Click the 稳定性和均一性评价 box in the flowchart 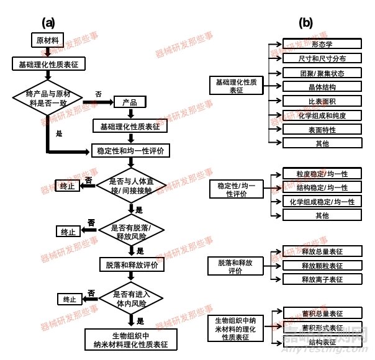[x=130, y=150]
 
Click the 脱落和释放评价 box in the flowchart [x=130, y=264]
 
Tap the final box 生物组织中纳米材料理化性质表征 [x=130, y=340]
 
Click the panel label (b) [x=305, y=22]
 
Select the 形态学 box [x=322, y=45]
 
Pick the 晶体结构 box [x=322, y=87]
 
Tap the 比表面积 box [x=322, y=101]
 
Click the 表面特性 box [x=322, y=129]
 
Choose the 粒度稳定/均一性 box [x=322, y=173]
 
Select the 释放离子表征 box [x=322, y=279]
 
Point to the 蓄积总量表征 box [x=322, y=313]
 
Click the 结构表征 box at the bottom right [x=322, y=341]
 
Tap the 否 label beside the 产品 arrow [x=99, y=94]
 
